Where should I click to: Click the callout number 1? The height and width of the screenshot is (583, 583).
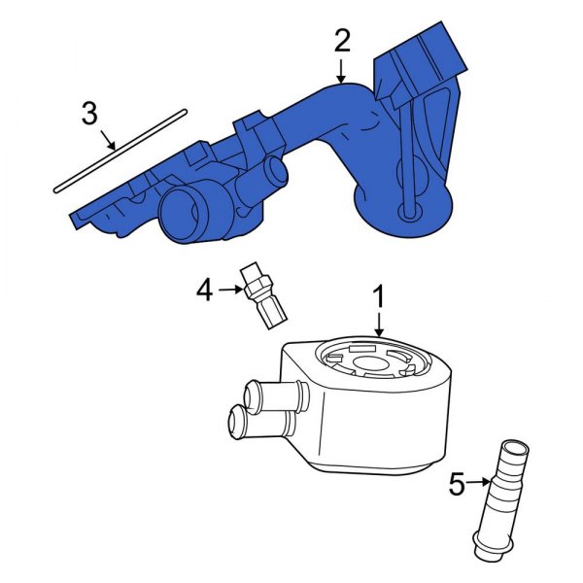379,293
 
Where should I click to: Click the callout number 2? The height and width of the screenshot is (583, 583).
341,41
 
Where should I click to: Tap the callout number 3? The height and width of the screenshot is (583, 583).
89,114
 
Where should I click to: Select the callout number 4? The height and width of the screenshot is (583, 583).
204,288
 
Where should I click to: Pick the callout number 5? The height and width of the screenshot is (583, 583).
458,483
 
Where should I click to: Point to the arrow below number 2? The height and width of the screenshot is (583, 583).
341,71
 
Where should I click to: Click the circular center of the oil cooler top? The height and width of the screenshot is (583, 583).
371,365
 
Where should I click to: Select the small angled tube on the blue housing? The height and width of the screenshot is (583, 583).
268,177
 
